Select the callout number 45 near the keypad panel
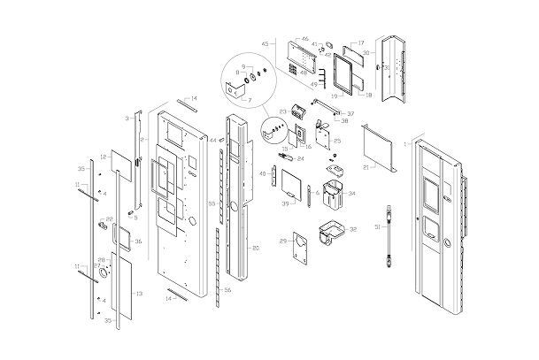(x=265, y=43)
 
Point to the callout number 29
(x=282, y=240)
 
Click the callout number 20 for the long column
(x=255, y=248)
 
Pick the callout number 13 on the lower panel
(x=138, y=293)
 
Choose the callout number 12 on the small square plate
(x=104, y=157)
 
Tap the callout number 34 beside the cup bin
(x=351, y=193)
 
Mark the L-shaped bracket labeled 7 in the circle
(x=234, y=88)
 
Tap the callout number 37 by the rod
(x=350, y=113)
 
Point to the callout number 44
(x=212, y=140)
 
